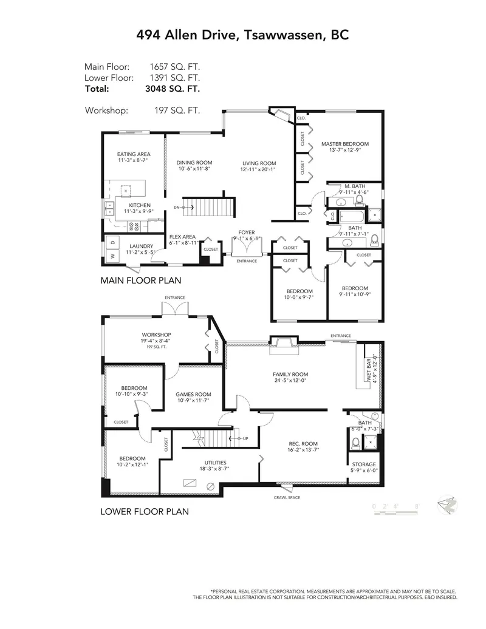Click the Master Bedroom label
(344, 144)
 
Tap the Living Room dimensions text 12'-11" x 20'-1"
(259, 170)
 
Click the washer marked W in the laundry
(112, 256)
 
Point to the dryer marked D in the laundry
(112, 242)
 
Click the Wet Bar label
(369, 368)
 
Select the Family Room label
(290, 375)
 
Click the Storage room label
(364, 464)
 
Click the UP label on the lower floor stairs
(245, 438)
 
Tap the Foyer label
(247, 232)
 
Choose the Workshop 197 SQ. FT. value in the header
(177, 110)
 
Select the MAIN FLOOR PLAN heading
(141, 281)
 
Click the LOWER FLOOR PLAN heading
(144, 512)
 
